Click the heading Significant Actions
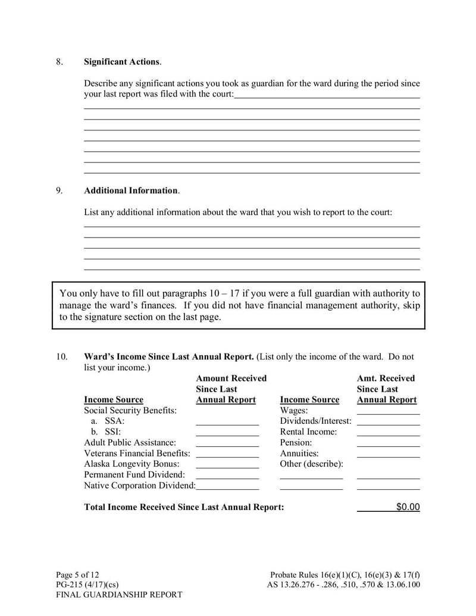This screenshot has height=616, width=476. (x=122, y=62)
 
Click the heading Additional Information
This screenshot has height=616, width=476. (x=131, y=190)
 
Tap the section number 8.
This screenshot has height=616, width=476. (x=59, y=62)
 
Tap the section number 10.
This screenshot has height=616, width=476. (x=61, y=357)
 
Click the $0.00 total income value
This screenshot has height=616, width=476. (x=407, y=507)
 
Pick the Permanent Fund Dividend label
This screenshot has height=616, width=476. (x=134, y=474)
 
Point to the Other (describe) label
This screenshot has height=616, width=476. (x=311, y=464)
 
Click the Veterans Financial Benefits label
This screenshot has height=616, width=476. (x=137, y=453)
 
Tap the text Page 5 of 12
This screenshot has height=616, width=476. (x=77, y=574)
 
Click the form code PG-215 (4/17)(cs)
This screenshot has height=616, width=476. (x=87, y=584)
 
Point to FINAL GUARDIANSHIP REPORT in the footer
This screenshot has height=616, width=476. (x=119, y=595)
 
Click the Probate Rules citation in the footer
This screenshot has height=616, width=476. (x=345, y=574)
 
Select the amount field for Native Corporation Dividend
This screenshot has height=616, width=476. (x=227, y=485)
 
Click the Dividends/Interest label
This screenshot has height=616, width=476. (x=315, y=421)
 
